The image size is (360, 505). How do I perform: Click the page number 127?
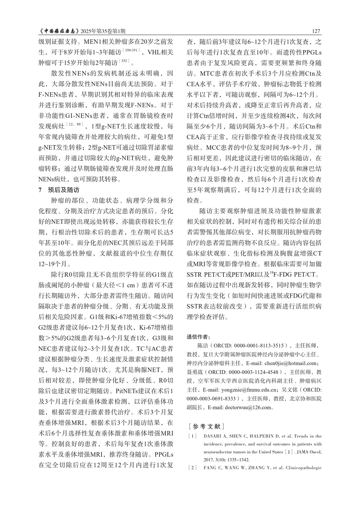point(316,31)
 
